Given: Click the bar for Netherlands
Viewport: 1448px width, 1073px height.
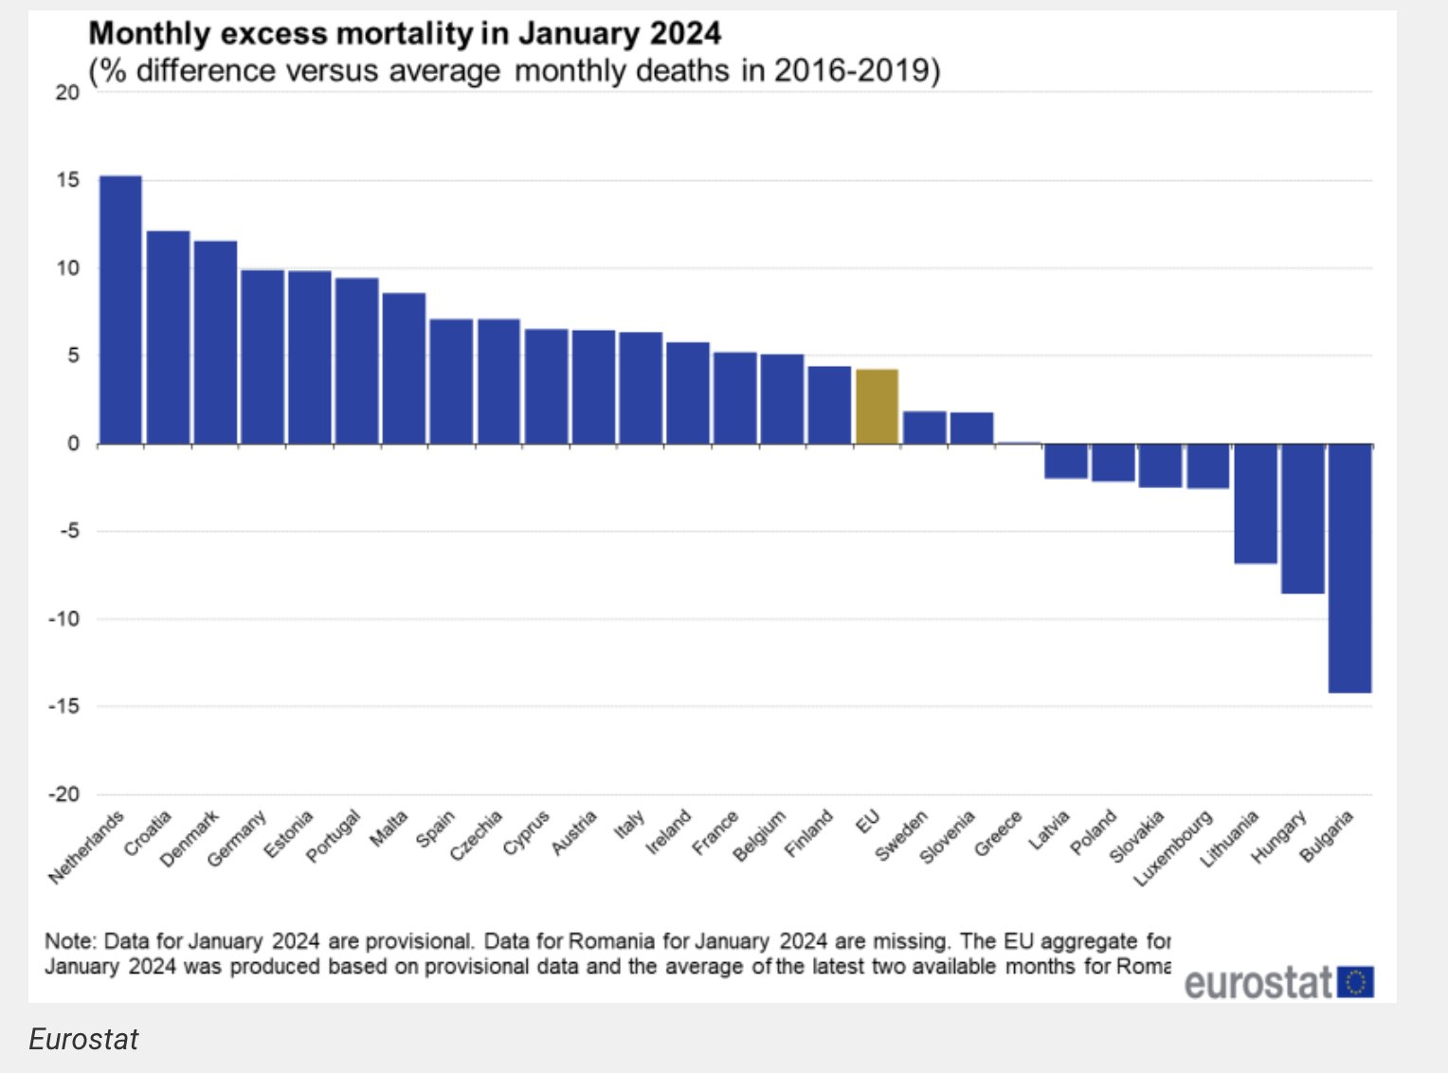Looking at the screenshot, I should [x=120, y=310].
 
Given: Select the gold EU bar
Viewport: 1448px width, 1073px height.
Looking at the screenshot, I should [x=877, y=407].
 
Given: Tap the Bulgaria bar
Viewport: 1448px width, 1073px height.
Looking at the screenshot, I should [x=1349, y=568].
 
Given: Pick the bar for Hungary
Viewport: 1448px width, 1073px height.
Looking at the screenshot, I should [x=1302, y=518].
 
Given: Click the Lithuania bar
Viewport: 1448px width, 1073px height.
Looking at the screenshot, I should [x=1255, y=503].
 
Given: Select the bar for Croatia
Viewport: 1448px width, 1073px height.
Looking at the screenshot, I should [x=168, y=337].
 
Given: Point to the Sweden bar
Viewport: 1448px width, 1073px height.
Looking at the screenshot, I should [x=924, y=427].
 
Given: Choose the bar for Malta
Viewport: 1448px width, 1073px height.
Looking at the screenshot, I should [x=404, y=369].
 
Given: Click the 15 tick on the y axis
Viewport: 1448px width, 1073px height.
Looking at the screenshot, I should [x=67, y=180].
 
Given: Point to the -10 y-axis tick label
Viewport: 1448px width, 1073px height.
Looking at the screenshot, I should [x=63, y=619].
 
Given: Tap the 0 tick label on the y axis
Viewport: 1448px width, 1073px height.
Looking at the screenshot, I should [x=73, y=444].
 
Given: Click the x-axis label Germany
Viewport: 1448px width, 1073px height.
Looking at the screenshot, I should [x=237, y=839].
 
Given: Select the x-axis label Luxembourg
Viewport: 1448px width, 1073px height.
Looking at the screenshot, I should [x=1174, y=847].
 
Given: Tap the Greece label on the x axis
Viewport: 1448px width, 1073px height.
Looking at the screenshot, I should [x=999, y=833].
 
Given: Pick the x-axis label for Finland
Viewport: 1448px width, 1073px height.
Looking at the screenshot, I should [x=809, y=833].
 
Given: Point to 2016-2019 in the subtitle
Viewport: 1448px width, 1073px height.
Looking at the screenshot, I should [x=856, y=71].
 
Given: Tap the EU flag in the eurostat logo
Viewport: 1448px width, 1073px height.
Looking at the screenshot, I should [x=1355, y=982].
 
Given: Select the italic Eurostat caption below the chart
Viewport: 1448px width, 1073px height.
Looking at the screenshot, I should [x=83, y=1040].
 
